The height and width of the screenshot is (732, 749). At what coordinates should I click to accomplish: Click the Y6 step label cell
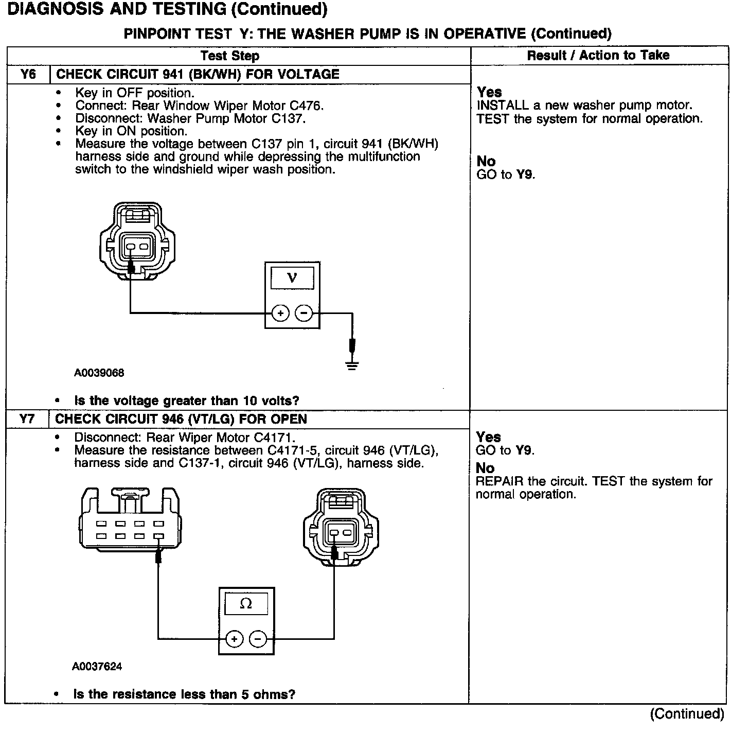(x=28, y=74)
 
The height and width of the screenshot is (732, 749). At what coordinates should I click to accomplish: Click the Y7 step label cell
(x=27, y=419)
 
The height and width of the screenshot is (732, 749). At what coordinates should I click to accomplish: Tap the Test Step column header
(x=229, y=56)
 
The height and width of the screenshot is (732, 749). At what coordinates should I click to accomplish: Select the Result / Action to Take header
(x=598, y=56)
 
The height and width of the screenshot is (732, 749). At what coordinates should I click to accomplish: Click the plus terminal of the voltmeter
(x=280, y=313)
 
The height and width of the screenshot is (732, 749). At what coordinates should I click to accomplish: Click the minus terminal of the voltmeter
(x=304, y=313)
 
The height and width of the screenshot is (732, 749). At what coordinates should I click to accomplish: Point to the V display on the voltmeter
(x=292, y=278)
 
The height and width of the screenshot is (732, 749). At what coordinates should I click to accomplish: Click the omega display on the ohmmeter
(x=246, y=604)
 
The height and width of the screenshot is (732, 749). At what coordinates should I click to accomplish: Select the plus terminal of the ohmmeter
(x=234, y=639)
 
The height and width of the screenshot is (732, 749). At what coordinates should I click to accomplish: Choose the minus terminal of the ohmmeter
(x=258, y=639)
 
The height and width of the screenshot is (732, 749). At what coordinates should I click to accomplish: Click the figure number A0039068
(x=99, y=373)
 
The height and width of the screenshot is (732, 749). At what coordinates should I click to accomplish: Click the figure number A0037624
(x=97, y=667)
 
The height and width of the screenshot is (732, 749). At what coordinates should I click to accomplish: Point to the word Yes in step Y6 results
(x=489, y=92)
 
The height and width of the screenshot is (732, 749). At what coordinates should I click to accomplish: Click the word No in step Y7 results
(x=485, y=468)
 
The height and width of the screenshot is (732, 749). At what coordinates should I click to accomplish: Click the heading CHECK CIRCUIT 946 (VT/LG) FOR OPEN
(x=181, y=419)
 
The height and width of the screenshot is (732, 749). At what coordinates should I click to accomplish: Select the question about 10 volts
(x=187, y=400)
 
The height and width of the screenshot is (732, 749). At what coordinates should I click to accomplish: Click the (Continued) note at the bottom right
(x=687, y=713)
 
